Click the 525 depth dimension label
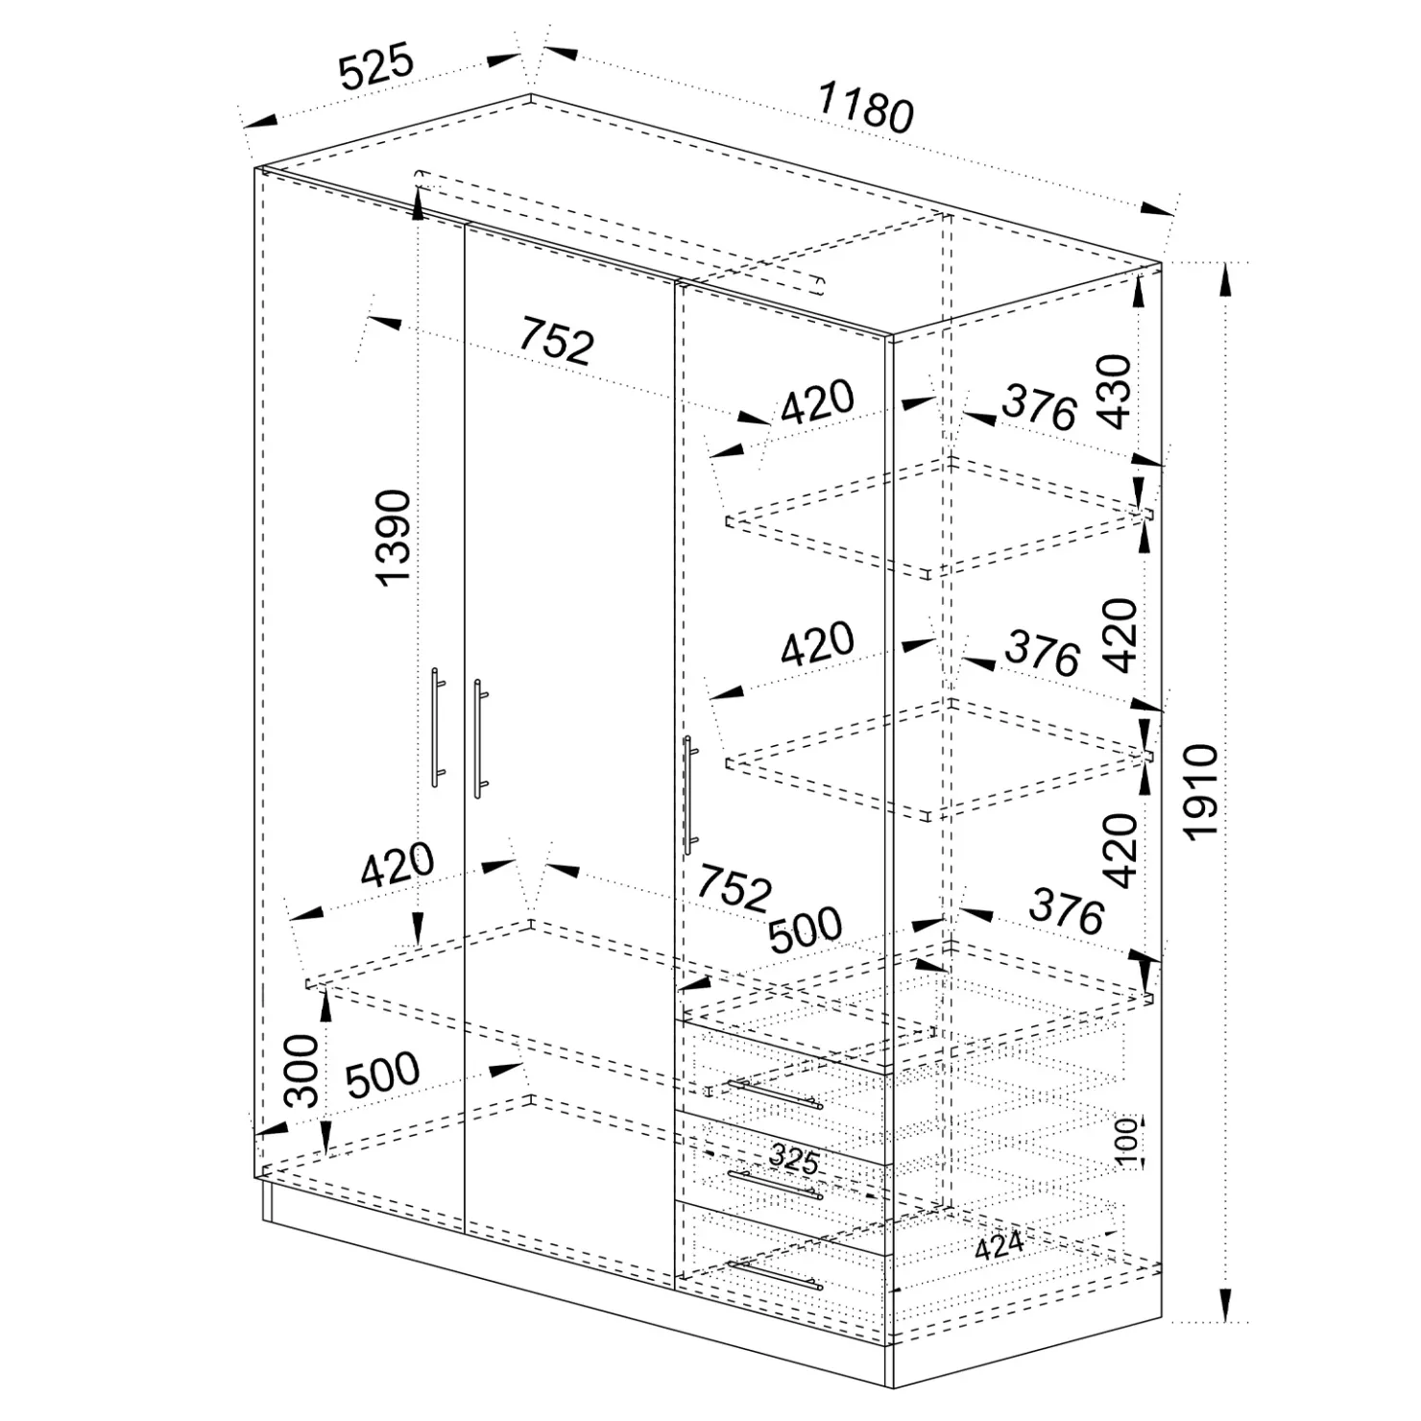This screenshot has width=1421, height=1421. pos(375,66)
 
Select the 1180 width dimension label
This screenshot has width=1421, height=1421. pos(865,108)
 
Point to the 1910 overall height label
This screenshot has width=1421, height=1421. pos(1201,793)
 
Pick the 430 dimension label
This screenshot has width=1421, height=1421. pos(1115,391)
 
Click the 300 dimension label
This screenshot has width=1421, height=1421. pos(301,1071)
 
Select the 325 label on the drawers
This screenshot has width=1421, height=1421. pos(793,1160)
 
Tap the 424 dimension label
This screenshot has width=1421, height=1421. pos(999,1247)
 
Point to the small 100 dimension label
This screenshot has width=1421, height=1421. pos(1129,1141)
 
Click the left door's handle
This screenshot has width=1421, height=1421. pos(437,728)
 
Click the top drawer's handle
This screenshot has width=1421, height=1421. pos(774,1095)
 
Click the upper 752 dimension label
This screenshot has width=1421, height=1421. pos(557,340)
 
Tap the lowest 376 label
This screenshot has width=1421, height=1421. pos(1067,911)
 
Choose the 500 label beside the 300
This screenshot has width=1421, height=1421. pos(382,1075)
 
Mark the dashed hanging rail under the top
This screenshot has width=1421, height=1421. pos(620,231)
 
